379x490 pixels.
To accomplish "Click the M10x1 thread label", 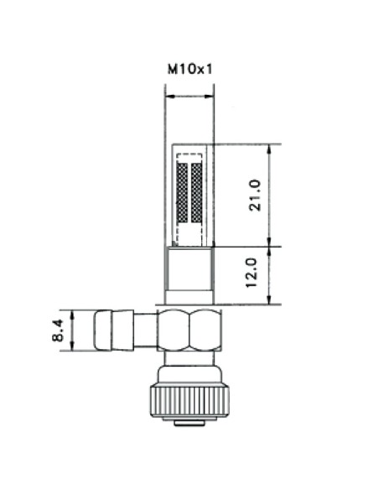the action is coord(189,69).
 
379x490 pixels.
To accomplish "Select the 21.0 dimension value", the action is coord(255,195).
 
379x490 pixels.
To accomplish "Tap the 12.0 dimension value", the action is coord(252,273).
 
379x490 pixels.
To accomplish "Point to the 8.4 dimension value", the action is coord(58,331).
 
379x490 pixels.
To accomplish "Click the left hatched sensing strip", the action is coord(182,193).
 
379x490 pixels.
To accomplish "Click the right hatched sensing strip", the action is coord(196,193).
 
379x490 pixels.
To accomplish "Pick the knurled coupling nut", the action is coord(189,402).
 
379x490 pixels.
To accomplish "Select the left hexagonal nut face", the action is coord(174,330).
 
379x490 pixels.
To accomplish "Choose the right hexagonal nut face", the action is coord(206,330).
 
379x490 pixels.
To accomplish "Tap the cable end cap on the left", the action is coord(103,330).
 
